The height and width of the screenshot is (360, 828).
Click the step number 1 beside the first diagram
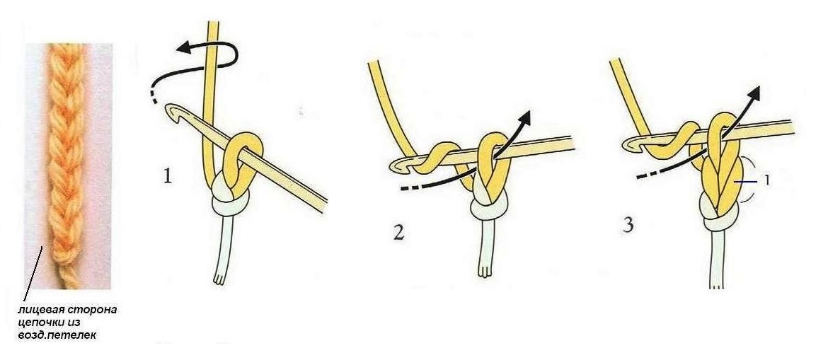(168, 176)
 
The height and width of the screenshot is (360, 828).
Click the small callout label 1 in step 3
(766, 180)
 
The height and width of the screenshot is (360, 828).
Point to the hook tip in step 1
(170, 109)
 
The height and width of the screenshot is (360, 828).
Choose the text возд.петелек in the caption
(54, 334)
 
